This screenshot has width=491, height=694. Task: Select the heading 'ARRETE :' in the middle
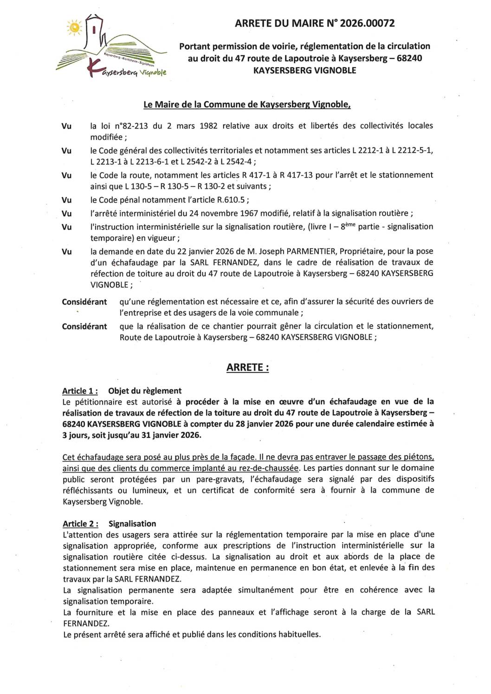(x=247, y=367)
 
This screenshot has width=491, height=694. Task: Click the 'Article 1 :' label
(x=80, y=391)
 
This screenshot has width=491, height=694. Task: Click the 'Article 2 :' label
(x=80, y=524)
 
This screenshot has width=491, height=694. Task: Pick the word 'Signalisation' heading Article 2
(x=132, y=524)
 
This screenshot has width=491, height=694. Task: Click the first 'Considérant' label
(x=84, y=302)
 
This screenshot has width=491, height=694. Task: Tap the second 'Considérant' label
(x=84, y=327)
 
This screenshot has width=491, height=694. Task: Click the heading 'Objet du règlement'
(x=145, y=391)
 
